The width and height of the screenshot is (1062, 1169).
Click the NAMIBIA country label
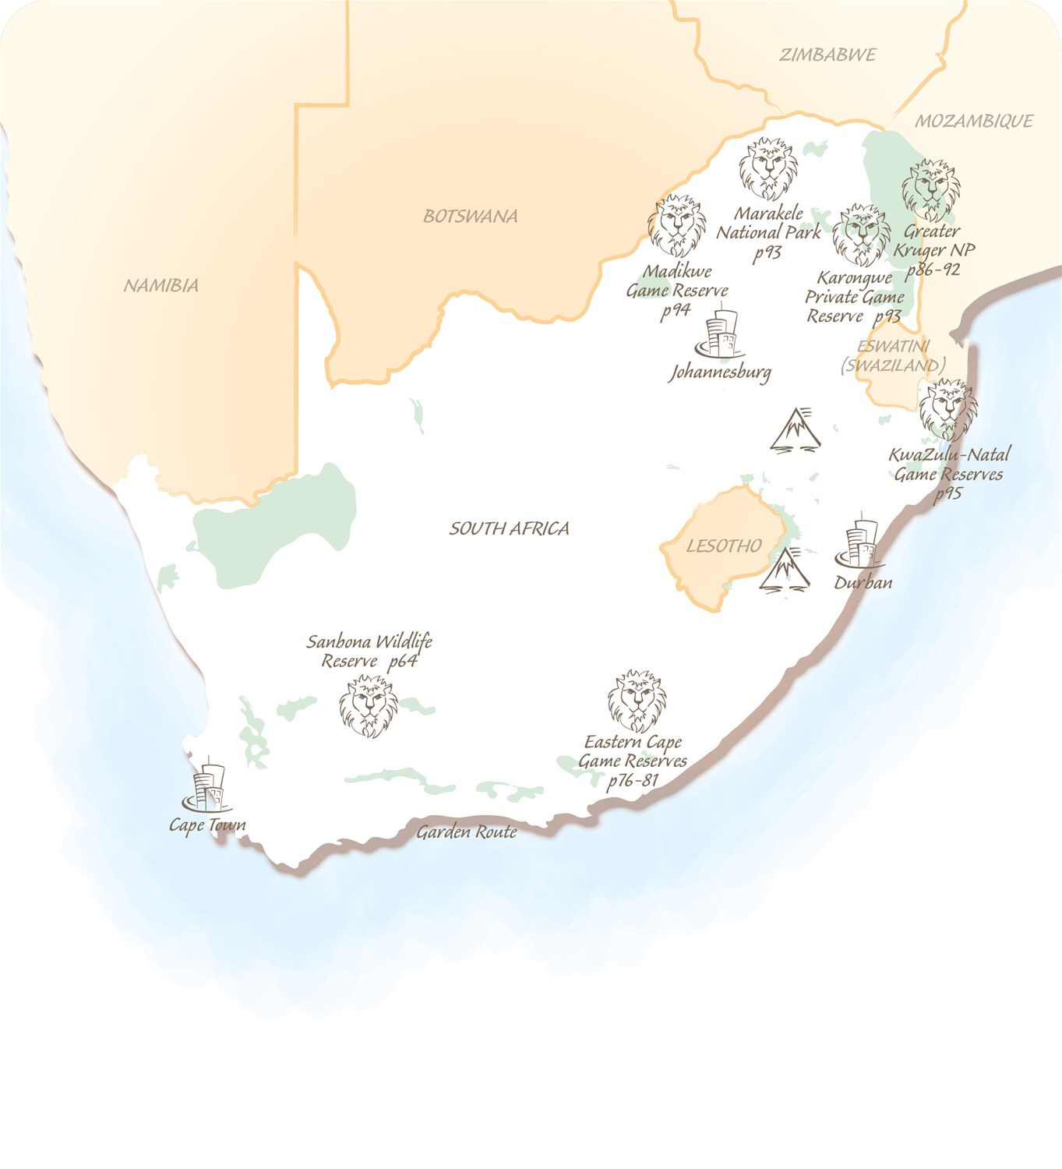click(x=161, y=285)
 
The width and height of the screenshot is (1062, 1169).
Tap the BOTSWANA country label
click(x=470, y=216)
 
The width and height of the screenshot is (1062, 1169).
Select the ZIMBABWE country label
click(x=827, y=55)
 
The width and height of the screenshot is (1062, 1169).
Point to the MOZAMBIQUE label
click(x=974, y=121)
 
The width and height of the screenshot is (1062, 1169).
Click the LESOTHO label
click(x=724, y=546)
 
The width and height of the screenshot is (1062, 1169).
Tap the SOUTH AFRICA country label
click(x=509, y=528)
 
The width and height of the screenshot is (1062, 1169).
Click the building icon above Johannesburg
click(x=720, y=334)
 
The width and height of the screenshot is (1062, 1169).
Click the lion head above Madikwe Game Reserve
click(x=678, y=226)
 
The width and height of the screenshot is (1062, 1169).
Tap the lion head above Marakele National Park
click(x=768, y=169)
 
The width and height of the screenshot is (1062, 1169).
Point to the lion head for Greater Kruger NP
click(x=931, y=190)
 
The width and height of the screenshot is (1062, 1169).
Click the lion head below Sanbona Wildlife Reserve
click(x=369, y=706)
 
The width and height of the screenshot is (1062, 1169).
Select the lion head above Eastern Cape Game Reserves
click(x=637, y=700)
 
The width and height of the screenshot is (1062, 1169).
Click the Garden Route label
click(x=466, y=832)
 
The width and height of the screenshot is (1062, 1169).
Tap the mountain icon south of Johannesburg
click(x=795, y=429)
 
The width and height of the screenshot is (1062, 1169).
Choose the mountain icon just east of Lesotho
click(x=785, y=569)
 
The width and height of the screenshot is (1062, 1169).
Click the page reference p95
click(x=947, y=493)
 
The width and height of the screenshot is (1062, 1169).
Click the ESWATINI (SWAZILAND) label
click(x=893, y=356)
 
